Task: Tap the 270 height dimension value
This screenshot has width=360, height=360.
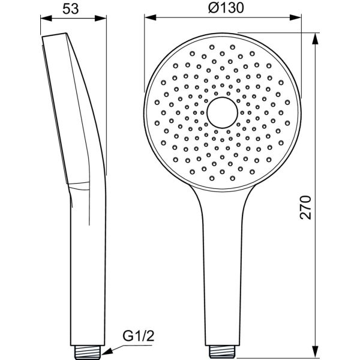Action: point(305,207)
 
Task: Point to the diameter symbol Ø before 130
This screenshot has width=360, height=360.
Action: point(210,8)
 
